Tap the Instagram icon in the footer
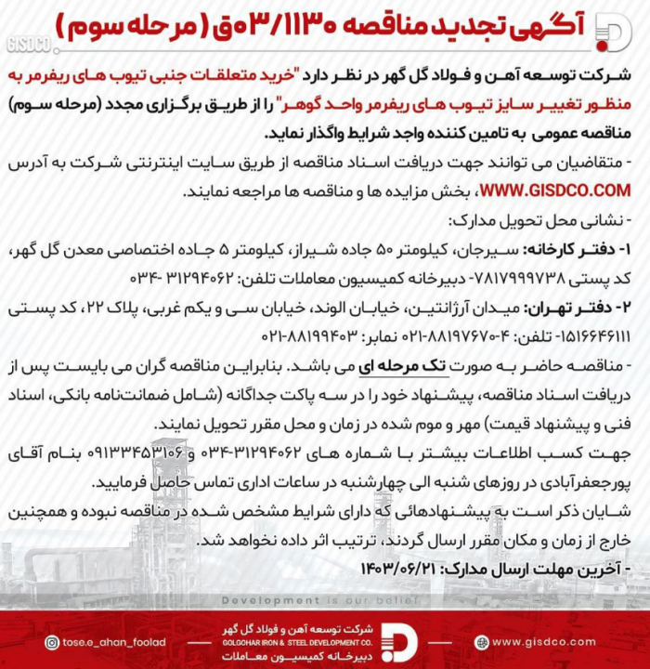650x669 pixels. (53, 642)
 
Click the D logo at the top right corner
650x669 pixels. (611, 32)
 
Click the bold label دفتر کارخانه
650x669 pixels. (573, 251)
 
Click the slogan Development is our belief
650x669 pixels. (324, 600)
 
